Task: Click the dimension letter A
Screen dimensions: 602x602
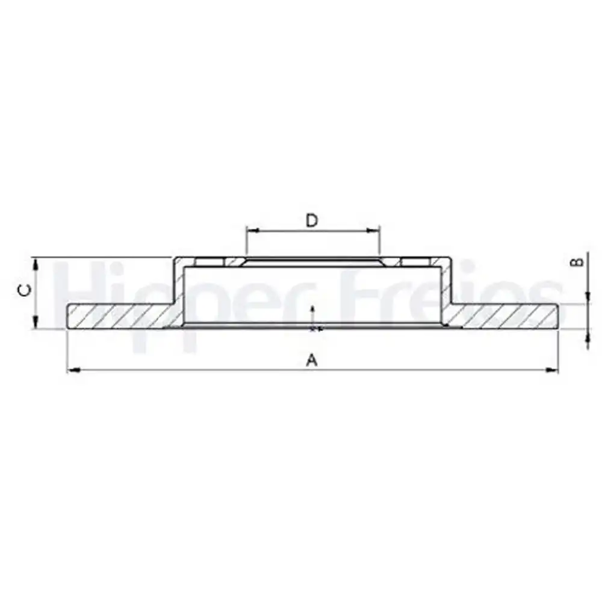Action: (312, 360)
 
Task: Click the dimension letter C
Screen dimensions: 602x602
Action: (25, 291)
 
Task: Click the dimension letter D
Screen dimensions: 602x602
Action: (312, 221)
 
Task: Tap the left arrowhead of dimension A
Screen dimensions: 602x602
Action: (73, 370)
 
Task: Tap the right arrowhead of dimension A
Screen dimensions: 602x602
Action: (552, 370)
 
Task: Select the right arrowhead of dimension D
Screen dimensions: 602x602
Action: (373, 231)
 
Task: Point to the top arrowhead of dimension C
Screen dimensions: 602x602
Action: (36, 265)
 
